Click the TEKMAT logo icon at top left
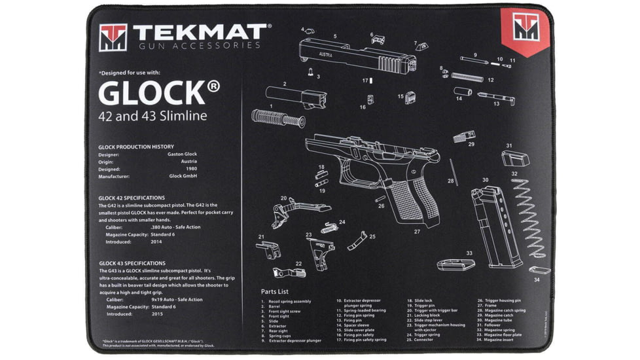pos(113,38)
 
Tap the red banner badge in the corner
pos(525,29)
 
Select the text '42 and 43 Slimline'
pos(152,117)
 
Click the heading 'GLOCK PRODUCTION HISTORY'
pos(136,147)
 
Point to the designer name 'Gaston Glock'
pos(182,154)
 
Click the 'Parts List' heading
pos(274,291)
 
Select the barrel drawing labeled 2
pos(296,96)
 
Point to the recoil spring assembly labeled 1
pos(277,119)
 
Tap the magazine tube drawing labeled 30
pos(495,225)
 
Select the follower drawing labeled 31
pos(515,158)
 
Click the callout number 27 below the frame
pos(416,231)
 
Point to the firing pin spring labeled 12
pos(467,77)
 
